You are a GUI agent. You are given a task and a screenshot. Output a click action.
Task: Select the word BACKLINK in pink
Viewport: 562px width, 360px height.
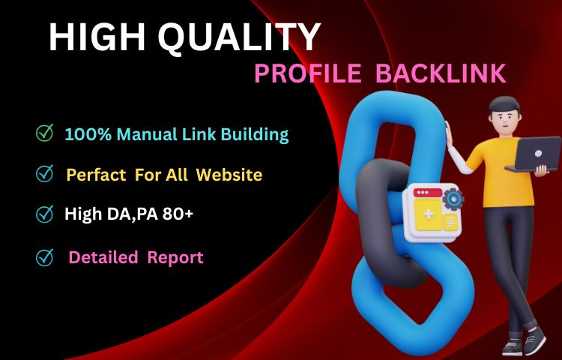point(440,73)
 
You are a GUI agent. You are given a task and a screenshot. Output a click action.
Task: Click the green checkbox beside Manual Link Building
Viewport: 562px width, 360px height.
point(45,134)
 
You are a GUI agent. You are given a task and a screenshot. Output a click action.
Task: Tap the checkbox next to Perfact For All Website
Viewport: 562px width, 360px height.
point(45,174)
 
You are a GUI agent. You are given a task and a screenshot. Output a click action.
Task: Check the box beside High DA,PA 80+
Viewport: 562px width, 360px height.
point(45,214)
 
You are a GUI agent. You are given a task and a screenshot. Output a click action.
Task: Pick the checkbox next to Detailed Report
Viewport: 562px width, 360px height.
point(45,257)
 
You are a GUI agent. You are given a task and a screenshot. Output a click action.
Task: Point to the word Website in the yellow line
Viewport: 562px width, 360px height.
point(229,175)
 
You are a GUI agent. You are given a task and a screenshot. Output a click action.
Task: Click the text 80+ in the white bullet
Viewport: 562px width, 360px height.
point(180,214)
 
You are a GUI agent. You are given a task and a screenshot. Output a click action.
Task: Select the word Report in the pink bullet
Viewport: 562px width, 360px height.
point(175,257)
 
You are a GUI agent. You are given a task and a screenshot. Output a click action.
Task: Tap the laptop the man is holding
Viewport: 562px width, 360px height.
point(533,154)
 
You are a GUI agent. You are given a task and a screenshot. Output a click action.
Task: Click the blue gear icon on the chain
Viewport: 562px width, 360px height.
point(453,199)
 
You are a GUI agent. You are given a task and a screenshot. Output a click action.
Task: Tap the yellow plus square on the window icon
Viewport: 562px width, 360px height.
point(428,215)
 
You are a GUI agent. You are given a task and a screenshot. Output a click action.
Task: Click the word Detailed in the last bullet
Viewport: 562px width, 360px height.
point(103,257)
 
